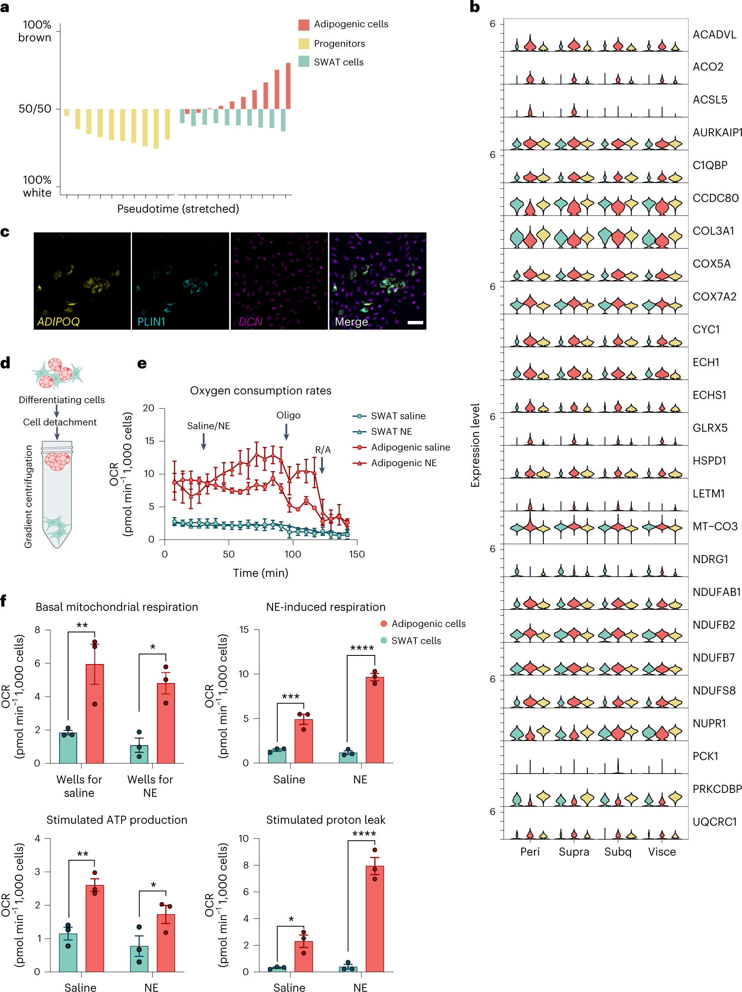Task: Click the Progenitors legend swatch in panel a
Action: [x=304, y=44]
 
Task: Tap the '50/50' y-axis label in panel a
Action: [x=35, y=109]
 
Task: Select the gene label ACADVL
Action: [x=714, y=35]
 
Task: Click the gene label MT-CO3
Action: [x=715, y=527]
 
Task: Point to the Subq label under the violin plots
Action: [x=617, y=852]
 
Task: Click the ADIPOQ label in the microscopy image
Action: [x=58, y=322]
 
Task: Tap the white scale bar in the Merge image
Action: [x=415, y=323]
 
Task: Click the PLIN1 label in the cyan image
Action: [x=151, y=322]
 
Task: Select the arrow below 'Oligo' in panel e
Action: [x=286, y=432]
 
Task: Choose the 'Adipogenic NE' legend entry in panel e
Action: [x=403, y=463]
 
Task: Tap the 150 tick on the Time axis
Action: [x=357, y=554]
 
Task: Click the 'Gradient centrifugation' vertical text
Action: [x=28, y=497]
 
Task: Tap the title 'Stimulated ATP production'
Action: [x=116, y=820]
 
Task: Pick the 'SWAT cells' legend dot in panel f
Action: [x=384, y=640]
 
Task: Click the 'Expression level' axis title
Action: [x=475, y=445]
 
